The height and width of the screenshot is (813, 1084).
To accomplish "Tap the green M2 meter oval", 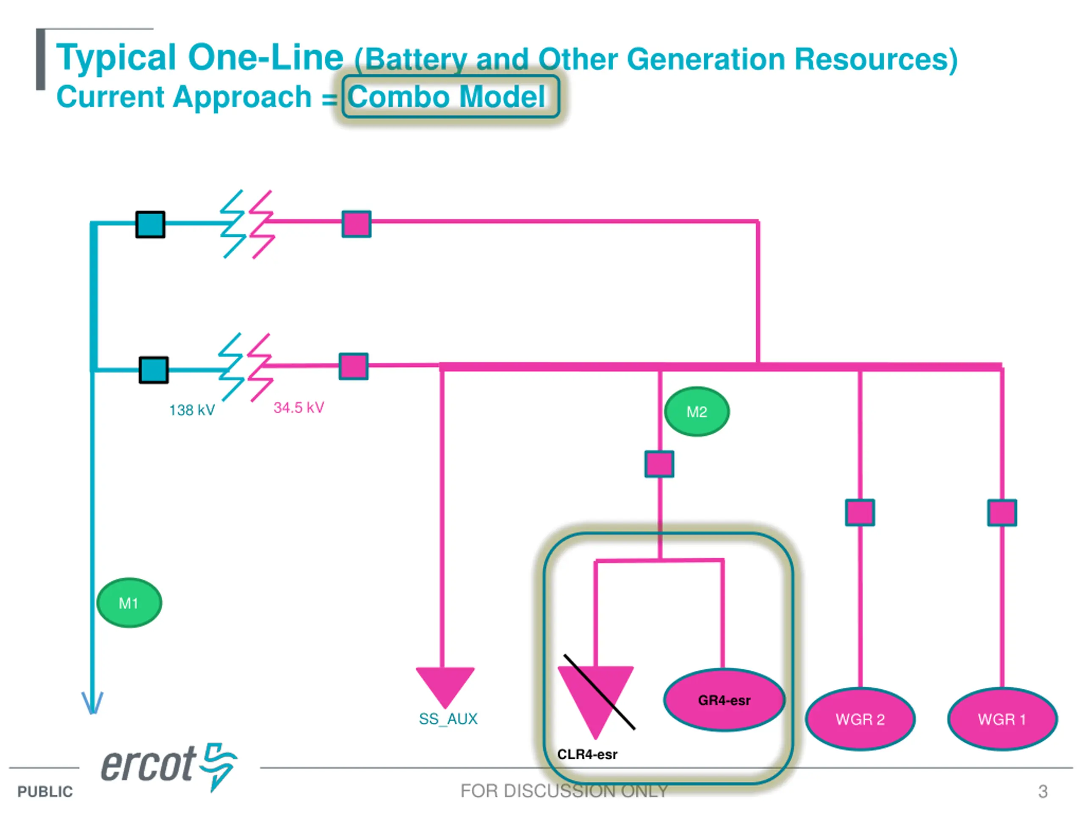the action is (697, 412).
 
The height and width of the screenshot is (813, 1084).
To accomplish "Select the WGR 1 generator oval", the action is (1002, 719).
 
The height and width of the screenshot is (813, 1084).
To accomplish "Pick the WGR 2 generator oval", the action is (860, 719).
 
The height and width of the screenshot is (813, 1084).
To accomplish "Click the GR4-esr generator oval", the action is (725, 700).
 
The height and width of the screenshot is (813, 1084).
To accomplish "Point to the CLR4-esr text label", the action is (587, 754).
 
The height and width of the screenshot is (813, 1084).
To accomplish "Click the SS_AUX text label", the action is (448, 719).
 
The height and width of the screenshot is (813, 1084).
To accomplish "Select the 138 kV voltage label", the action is (192, 410).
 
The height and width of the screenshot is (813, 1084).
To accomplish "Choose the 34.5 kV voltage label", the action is (299, 408).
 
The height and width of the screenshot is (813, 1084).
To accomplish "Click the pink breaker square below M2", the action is (659, 464).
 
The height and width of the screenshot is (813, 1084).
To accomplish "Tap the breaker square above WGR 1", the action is (1002, 513).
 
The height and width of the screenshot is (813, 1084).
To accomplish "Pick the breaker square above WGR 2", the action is (860, 513).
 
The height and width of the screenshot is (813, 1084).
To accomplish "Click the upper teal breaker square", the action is (150, 224).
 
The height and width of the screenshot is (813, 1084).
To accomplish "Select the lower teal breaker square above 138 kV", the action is (154, 370).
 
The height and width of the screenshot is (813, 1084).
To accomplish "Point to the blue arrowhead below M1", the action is (92, 703).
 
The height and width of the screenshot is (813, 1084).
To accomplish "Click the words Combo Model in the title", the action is (446, 97).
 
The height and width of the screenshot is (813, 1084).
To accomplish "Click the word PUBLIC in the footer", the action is (45, 791).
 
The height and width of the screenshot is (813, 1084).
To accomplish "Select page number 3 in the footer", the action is (1043, 791).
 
